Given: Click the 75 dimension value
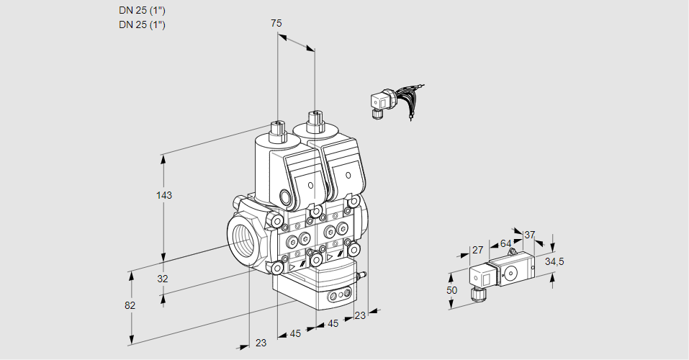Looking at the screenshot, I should pyautogui.click(x=276, y=24).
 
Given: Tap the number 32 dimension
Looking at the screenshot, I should pyautogui.click(x=163, y=279).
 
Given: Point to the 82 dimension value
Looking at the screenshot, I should pyautogui.click(x=130, y=305).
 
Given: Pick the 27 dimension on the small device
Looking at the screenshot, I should pyautogui.click(x=476, y=251).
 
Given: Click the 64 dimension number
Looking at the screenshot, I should pyautogui.click(x=505, y=243).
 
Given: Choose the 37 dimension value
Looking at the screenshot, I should pyautogui.click(x=530, y=235).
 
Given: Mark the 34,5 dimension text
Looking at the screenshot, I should pyautogui.click(x=554, y=261).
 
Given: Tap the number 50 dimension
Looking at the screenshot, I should pyautogui.click(x=452, y=290).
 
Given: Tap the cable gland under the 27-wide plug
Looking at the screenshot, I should pyautogui.click(x=476, y=292).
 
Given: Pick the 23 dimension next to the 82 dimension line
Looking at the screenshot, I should pyautogui.click(x=261, y=343).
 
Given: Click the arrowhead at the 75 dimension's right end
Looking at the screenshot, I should pyautogui.click(x=311, y=49).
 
